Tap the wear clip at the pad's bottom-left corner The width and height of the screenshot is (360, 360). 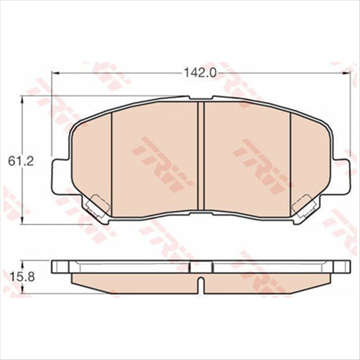coord(91,208)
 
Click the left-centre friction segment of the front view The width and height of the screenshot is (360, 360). coord(154,158)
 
